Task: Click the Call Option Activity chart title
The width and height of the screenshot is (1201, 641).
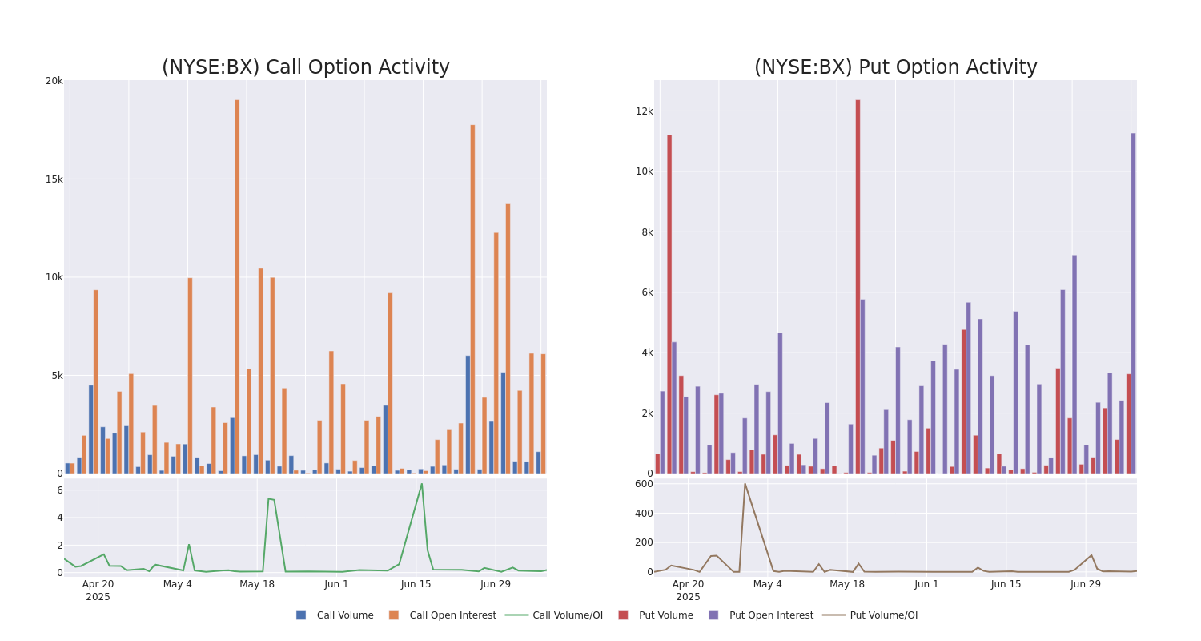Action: pos(305,67)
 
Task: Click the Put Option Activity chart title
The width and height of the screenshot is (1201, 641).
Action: pos(895,67)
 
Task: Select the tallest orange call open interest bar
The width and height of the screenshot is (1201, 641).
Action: pos(237,286)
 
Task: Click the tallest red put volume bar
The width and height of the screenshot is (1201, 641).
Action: pos(858,286)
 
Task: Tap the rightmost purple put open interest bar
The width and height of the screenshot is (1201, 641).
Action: pos(1133,303)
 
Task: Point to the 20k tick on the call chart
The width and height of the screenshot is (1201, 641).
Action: pos(54,81)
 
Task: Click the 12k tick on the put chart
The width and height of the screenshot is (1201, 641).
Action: pos(644,111)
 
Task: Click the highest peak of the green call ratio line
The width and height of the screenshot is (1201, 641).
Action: pos(422,483)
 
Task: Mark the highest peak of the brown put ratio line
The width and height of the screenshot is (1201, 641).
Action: pos(745,483)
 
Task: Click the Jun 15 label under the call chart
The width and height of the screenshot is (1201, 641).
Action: pos(416,584)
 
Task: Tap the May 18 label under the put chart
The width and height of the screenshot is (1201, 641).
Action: pos(847,584)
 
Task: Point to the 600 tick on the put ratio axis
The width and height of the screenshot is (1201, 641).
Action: pos(644,484)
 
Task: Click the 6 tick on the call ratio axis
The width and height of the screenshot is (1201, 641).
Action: pos(59,490)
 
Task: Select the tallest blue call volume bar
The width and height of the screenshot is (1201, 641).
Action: pos(468,414)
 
